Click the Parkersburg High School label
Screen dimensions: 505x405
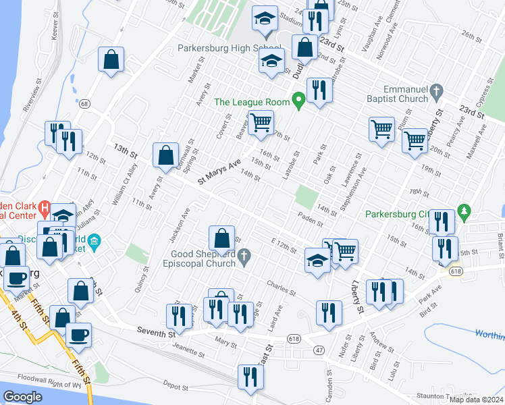(219, 49)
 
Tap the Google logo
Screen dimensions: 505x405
(23, 397)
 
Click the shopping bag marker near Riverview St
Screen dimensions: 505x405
(111, 59)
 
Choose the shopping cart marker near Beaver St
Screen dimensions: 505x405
(261, 122)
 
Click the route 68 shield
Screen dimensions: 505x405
(84, 104)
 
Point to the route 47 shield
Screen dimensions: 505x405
(318, 350)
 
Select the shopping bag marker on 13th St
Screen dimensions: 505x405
(165, 155)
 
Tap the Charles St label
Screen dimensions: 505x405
(281, 288)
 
